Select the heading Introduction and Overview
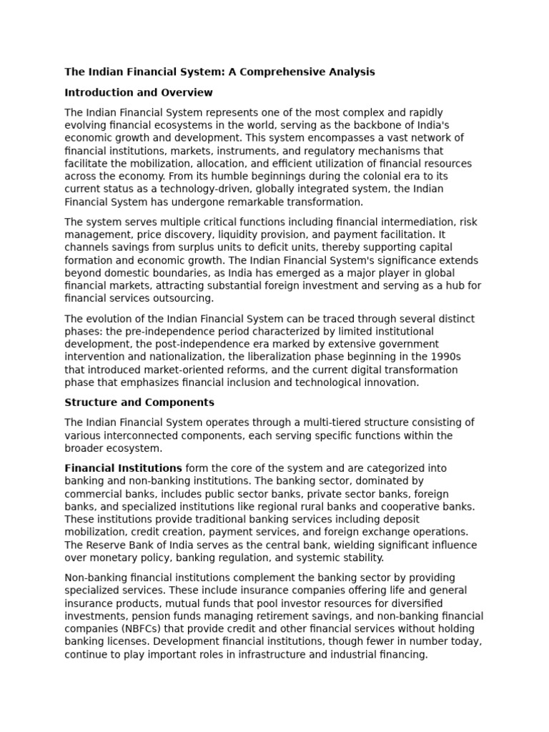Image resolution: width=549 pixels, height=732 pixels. pyautogui.click(x=139, y=93)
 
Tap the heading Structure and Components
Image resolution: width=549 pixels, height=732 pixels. pyautogui.click(x=139, y=402)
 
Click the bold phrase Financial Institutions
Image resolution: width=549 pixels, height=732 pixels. pyautogui.click(x=123, y=468)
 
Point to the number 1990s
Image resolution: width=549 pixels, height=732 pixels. pyautogui.click(x=442, y=357)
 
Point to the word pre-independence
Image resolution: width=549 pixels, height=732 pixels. pyautogui.click(x=155, y=332)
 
